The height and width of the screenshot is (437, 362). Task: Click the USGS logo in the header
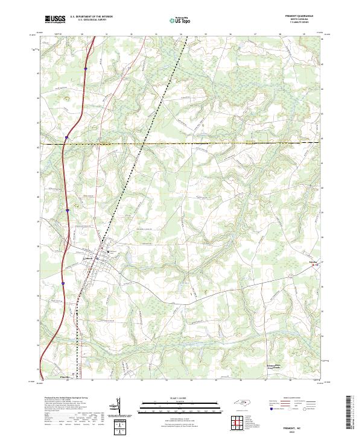tap(55, 20)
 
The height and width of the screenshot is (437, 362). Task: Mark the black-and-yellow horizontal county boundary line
tap(211, 143)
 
